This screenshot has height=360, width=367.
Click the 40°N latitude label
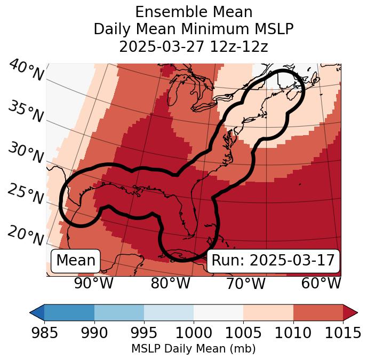pos(26,71)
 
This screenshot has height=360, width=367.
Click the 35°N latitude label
pos(25,112)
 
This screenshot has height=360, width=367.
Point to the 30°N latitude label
pos(25,153)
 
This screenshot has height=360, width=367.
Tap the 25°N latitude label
pos(25,194)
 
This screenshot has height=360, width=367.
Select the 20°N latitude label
pos(25,235)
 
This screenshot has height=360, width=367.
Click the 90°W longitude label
pos(93,284)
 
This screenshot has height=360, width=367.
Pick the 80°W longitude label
pos(170,284)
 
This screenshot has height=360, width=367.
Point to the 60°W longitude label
pos(321,284)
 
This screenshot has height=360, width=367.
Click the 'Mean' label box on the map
pos(76,261)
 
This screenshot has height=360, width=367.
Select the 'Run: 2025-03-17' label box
pos(273,261)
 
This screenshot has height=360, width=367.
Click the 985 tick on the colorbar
pos(44,333)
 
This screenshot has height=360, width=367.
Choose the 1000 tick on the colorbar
pos(194,333)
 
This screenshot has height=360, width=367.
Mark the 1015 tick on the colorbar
pos(342,333)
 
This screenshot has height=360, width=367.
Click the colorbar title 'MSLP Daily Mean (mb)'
pos(194,349)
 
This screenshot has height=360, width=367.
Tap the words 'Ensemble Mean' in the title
pos(194,12)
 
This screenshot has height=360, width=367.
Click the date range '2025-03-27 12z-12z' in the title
pos(194,46)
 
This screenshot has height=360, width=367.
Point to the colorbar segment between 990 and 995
pos(119,312)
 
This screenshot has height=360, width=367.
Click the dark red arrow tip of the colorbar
pos(350,312)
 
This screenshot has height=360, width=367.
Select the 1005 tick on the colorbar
pos(243,333)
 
